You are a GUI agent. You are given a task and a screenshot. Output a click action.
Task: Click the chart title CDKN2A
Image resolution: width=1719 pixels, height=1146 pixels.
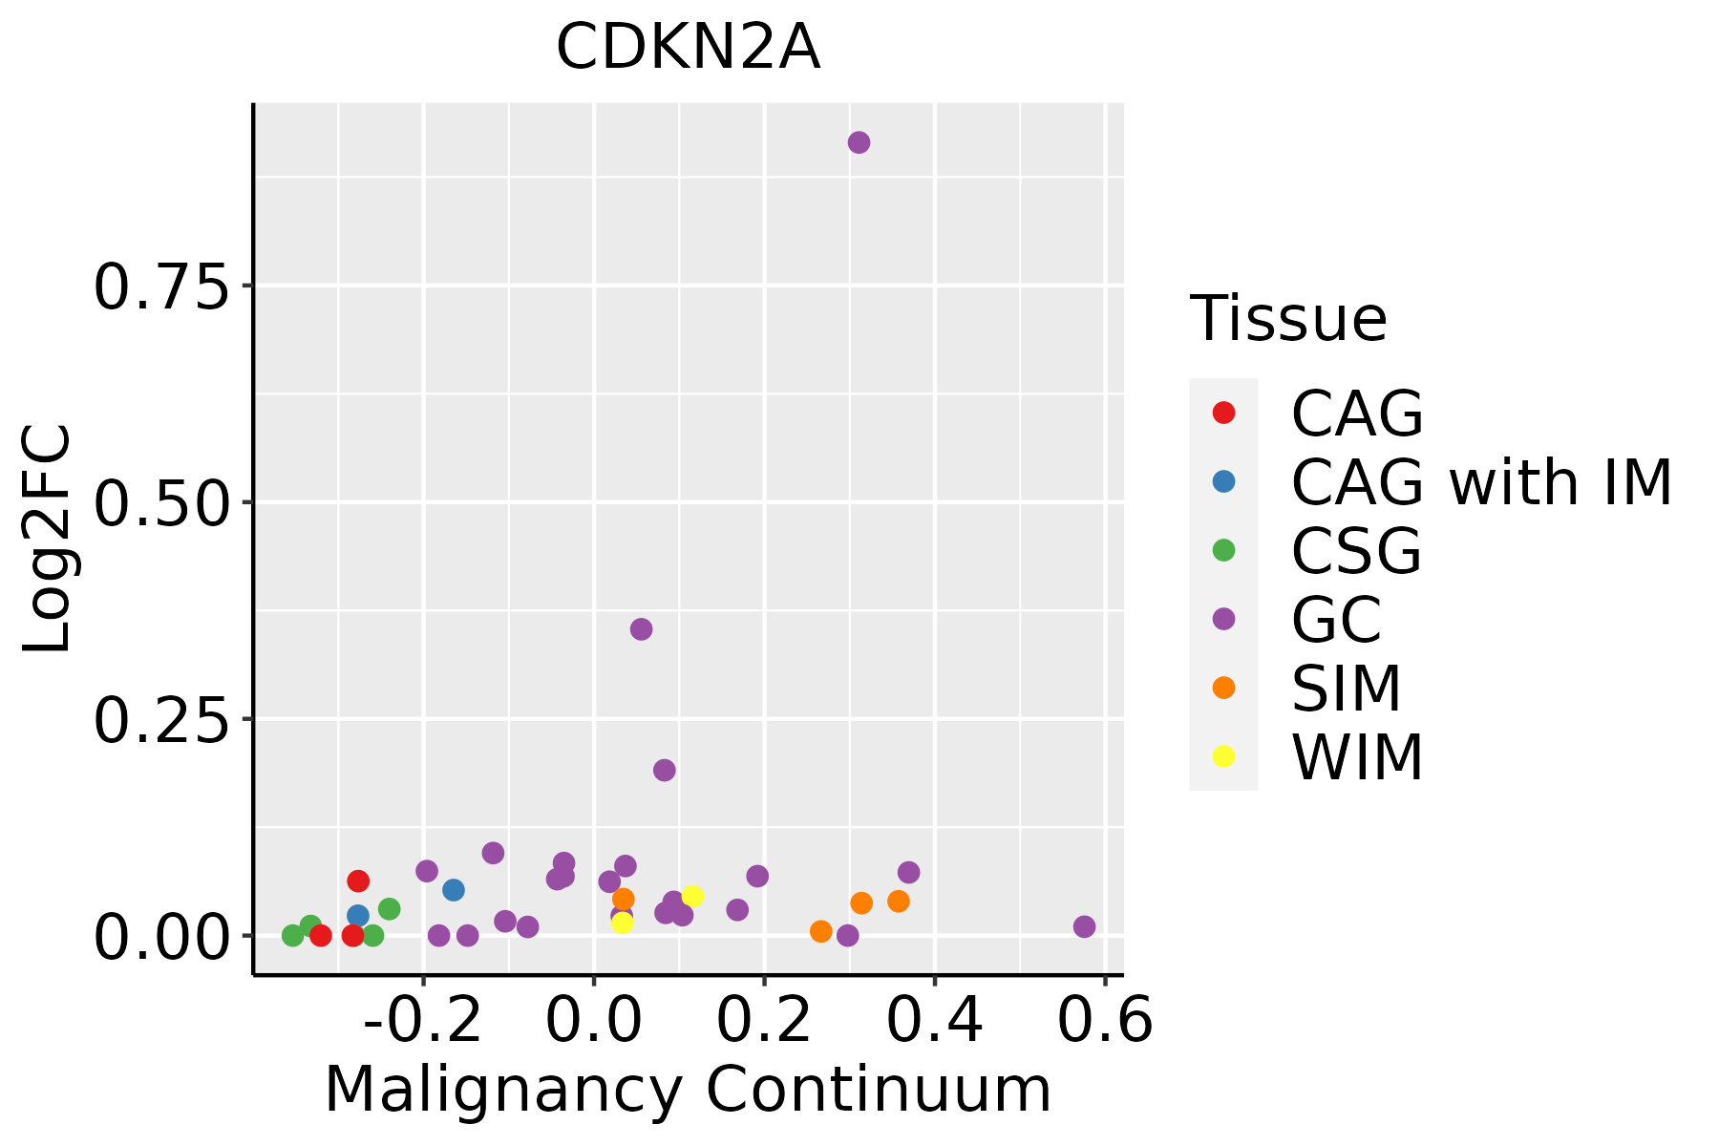click(688, 48)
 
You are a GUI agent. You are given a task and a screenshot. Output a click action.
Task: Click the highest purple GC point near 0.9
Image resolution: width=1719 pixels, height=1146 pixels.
click(859, 142)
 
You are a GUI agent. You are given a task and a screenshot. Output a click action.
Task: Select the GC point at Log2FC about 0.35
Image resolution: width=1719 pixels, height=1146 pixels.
click(641, 628)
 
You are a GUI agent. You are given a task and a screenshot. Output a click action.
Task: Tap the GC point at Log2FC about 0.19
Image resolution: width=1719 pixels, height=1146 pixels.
click(665, 770)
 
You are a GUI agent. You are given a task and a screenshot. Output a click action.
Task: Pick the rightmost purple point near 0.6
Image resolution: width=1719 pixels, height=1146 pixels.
click(1084, 926)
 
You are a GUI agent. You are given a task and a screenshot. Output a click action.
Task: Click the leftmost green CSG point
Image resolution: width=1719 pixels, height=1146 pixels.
click(293, 935)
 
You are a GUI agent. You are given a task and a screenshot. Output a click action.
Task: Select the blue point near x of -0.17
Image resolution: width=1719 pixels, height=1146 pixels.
click(454, 890)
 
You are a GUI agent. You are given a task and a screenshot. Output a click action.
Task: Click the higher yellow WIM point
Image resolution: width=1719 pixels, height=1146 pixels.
click(692, 896)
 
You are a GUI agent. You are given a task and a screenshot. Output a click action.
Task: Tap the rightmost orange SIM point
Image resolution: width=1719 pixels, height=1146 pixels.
click(898, 901)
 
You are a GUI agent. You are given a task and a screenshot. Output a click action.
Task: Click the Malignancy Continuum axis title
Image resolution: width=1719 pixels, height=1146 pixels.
click(688, 1091)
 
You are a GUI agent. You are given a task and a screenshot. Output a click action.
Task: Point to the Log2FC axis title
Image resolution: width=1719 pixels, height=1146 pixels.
click(48, 540)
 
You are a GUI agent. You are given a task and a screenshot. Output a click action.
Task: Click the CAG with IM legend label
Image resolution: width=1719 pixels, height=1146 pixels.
click(1481, 482)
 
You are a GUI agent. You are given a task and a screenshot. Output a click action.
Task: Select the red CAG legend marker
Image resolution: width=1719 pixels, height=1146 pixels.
click(1223, 413)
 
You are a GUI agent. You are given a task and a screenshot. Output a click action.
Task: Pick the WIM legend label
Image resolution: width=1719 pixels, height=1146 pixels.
click(1357, 757)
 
